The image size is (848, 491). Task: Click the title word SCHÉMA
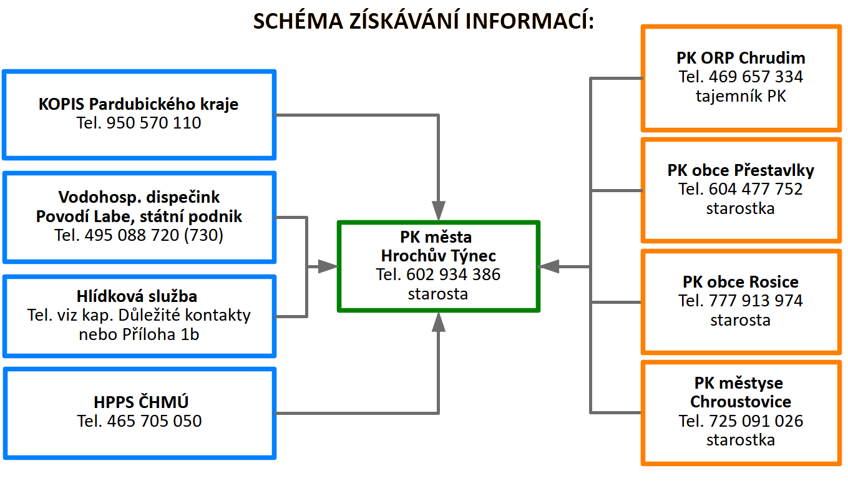click(x=298, y=21)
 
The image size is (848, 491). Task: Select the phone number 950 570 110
click(x=154, y=123)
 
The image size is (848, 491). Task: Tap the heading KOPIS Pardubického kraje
click(x=139, y=104)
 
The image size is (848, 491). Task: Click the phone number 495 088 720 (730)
click(x=154, y=235)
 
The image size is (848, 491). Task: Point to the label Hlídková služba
click(x=137, y=296)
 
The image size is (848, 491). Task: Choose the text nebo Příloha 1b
click(x=139, y=334)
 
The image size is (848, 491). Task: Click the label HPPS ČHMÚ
click(x=141, y=402)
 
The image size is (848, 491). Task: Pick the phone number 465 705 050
click(x=155, y=421)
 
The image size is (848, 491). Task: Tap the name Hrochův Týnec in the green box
click(x=439, y=256)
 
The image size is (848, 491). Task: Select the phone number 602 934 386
click(x=453, y=275)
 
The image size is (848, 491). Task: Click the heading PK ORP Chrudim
click(x=741, y=58)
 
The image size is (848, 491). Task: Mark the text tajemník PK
click(x=741, y=96)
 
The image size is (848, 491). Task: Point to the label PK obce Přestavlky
click(x=741, y=170)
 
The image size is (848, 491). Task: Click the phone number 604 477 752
click(x=756, y=189)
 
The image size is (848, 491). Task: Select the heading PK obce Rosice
click(x=741, y=282)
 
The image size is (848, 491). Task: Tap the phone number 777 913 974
click(x=756, y=301)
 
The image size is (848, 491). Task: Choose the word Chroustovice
click(x=741, y=402)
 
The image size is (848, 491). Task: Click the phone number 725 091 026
click(x=756, y=421)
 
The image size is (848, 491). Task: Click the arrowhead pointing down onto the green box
click(x=439, y=211)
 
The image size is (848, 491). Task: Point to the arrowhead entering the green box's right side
click(x=548, y=266)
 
